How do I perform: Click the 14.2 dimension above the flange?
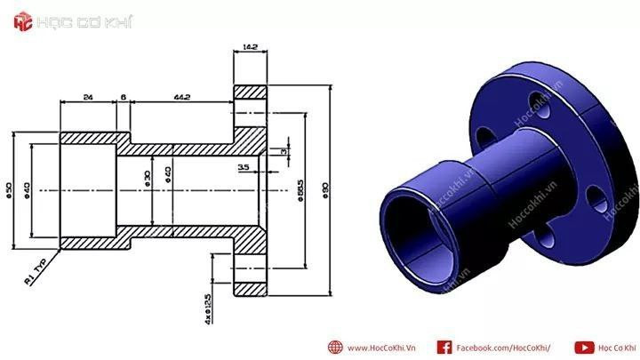click(250, 47)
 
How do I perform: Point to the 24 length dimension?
click(87, 97)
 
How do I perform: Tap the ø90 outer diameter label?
click(325, 191)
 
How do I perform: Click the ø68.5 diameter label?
click(302, 191)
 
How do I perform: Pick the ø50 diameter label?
click(9, 189)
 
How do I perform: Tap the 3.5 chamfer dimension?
click(244, 166)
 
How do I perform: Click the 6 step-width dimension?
click(123, 97)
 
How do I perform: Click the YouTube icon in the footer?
click(584, 348)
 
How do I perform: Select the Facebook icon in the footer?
click(444, 348)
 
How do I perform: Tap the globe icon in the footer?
click(335, 348)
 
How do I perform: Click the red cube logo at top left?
click(23, 22)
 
